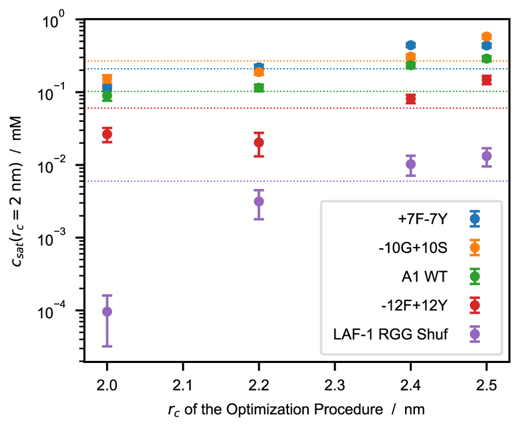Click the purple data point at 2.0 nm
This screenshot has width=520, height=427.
pyautogui.click(x=107, y=311)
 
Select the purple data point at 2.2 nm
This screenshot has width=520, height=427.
pyautogui.click(x=258, y=201)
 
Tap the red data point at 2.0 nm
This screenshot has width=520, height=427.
pyautogui.click(x=107, y=134)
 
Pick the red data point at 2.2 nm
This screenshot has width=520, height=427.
pyautogui.click(x=258, y=143)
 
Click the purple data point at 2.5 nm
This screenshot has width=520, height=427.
pyautogui.click(x=487, y=156)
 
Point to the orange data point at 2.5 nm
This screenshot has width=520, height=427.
pyautogui.click(x=487, y=36)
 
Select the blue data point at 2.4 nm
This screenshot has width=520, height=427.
pyautogui.click(x=411, y=45)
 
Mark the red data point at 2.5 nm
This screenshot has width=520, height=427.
pyautogui.click(x=487, y=80)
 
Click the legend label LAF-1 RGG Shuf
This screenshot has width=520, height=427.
pyautogui.click(x=391, y=334)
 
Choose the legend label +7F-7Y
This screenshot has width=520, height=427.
pyautogui.click(x=423, y=219)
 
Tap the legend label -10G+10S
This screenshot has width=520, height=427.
pyautogui.click(x=413, y=248)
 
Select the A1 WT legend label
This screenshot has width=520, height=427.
pyautogui.click(x=424, y=277)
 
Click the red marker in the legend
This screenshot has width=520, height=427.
pyautogui.click(x=475, y=305)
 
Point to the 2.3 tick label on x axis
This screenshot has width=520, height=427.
pyautogui.click(x=335, y=385)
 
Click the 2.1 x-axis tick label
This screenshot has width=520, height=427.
pyautogui.click(x=183, y=385)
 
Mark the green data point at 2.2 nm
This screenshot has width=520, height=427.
pyautogui.click(x=258, y=87)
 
